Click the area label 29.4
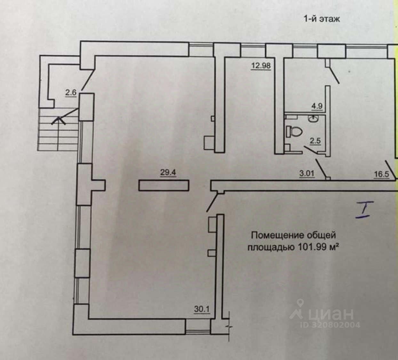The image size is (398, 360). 168,173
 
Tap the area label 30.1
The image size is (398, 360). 202,309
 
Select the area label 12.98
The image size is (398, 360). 261,66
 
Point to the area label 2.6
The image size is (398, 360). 71,93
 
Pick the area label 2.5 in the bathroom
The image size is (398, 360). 315,141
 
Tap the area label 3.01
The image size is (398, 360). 307,174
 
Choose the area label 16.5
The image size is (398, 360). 381,174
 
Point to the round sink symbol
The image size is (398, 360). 313,119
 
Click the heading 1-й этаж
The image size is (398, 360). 322,19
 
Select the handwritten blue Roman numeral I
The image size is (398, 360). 363,210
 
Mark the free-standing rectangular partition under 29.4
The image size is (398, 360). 164,186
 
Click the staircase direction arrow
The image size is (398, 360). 59,121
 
